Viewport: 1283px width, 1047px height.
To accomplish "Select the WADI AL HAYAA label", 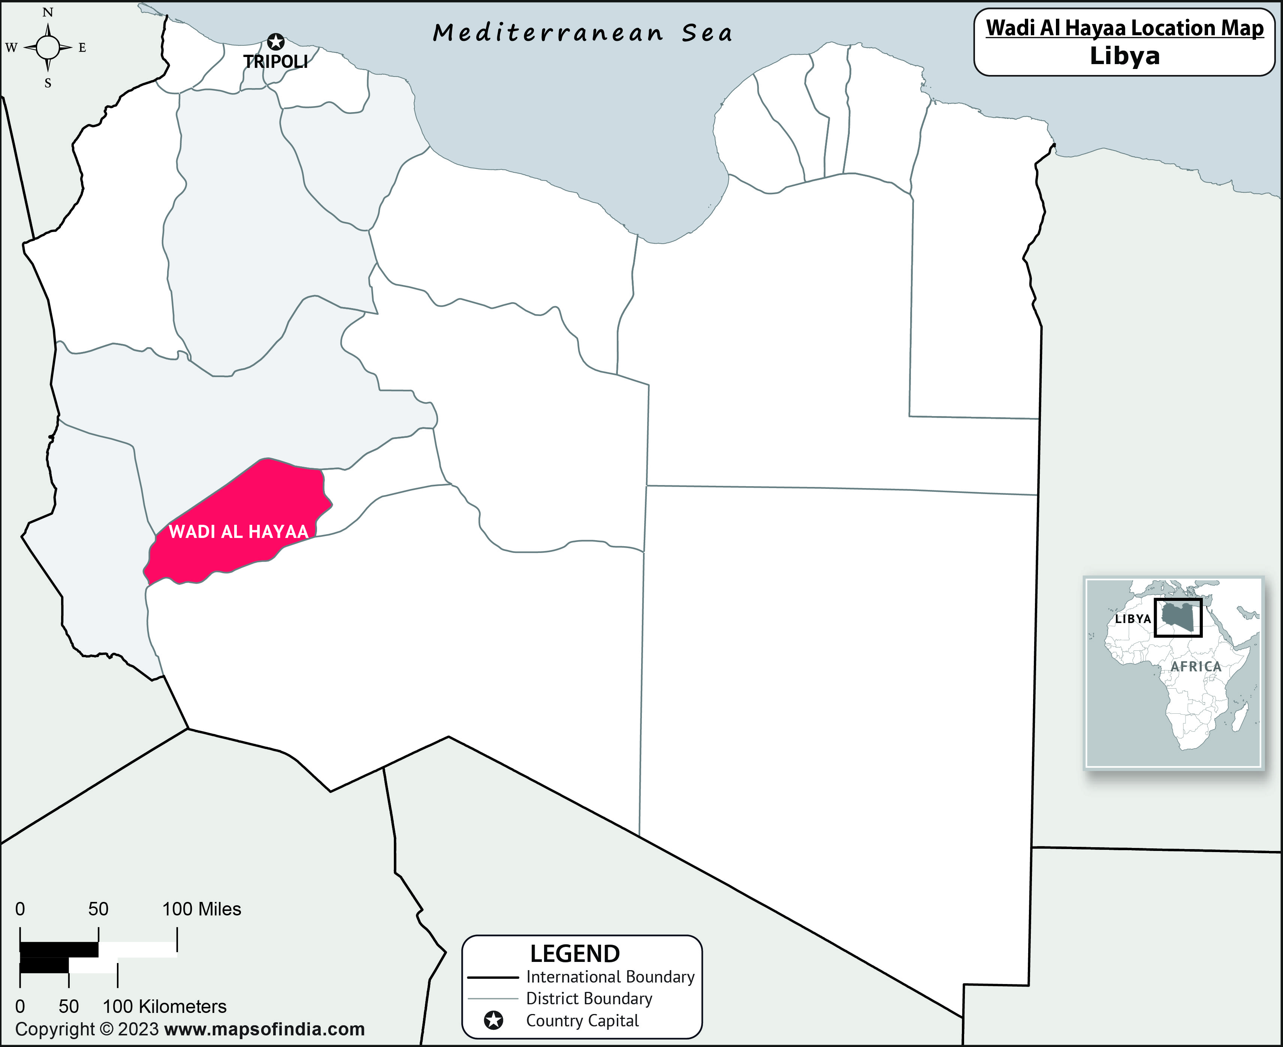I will [x=238, y=531].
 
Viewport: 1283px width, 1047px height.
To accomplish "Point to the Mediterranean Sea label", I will [x=582, y=33].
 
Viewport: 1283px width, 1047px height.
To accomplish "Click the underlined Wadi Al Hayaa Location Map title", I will [x=1124, y=28].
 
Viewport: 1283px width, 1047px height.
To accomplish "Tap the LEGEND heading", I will [x=574, y=954].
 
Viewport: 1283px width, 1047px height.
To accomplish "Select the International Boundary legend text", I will [x=610, y=977].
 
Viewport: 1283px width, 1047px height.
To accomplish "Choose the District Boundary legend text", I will [x=589, y=998].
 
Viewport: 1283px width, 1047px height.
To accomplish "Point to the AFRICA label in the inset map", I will [x=1196, y=667].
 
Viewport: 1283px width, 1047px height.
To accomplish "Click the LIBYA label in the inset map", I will [x=1132, y=619].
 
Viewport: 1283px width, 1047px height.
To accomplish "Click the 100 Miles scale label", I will [x=201, y=909].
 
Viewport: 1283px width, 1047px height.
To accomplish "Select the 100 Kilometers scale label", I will [x=164, y=1006].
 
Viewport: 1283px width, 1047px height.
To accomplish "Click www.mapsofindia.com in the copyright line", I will [x=264, y=1029].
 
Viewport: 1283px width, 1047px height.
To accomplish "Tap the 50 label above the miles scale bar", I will [x=98, y=909].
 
